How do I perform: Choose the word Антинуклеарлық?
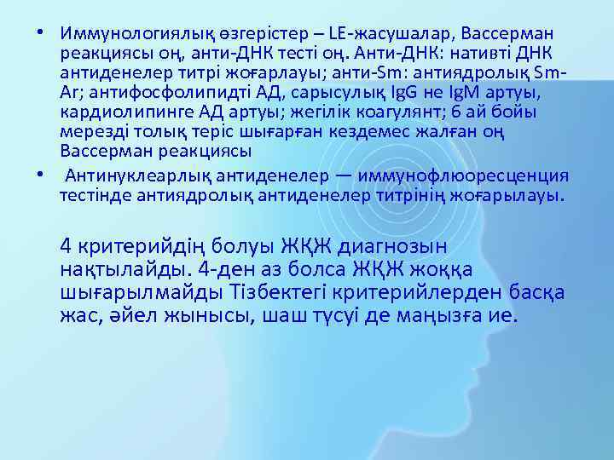[130, 175]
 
